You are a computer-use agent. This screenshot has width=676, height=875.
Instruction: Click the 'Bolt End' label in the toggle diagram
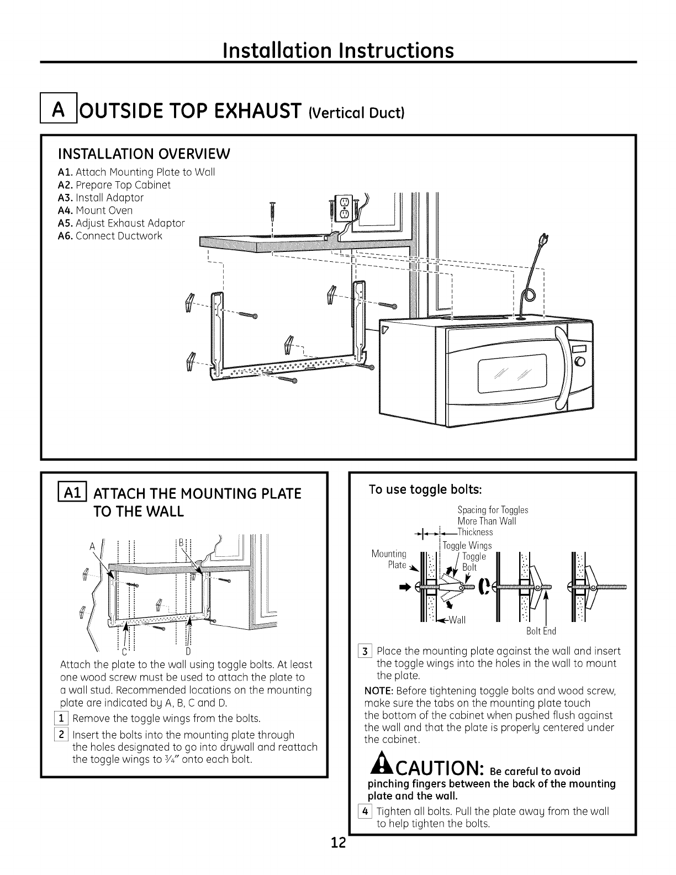[541, 631]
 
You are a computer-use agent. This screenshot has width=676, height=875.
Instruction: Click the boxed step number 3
[368, 651]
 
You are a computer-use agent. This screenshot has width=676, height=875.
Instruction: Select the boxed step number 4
[368, 811]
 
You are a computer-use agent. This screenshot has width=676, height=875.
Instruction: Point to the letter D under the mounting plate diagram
[188, 651]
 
